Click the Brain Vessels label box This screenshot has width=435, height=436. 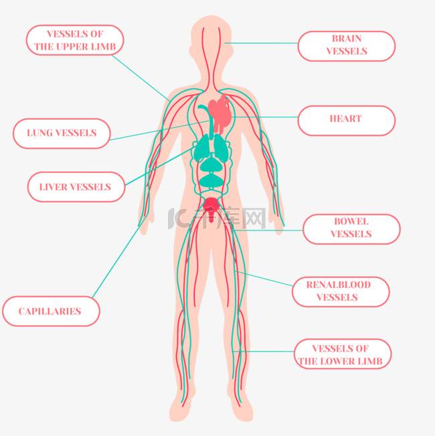(x=346, y=46)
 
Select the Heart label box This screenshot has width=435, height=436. (x=346, y=120)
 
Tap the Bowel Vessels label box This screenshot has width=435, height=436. (x=351, y=228)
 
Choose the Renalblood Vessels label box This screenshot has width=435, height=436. (x=340, y=291)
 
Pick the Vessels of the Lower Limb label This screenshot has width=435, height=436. (x=343, y=355)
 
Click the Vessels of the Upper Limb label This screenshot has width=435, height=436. (x=75, y=40)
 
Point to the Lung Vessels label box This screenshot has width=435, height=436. (x=62, y=133)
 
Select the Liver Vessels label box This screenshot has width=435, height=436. (x=76, y=187)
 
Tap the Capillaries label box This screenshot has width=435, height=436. (x=51, y=311)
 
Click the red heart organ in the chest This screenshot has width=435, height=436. (x=221, y=113)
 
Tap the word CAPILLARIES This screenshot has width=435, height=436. (x=50, y=311)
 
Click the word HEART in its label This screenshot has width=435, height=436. (x=346, y=119)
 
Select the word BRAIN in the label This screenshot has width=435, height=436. (x=347, y=39)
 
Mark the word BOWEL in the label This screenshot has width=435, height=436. (x=351, y=222)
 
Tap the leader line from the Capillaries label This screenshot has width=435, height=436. (x=117, y=258)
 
